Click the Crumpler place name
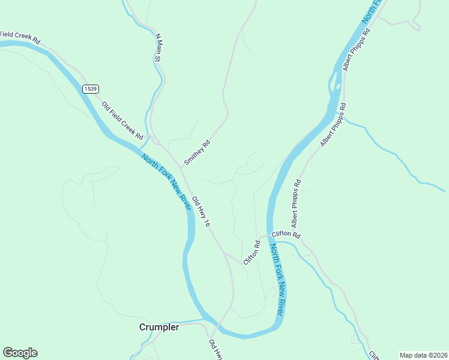pyautogui.click(x=159, y=328)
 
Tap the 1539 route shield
pyautogui.click(x=91, y=88)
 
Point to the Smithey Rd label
pyautogui.click(x=197, y=152)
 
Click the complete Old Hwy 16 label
pyautogui.click(x=201, y=211)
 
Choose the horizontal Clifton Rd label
pyautogui.click(x=285, y=235)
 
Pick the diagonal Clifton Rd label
pyautogui.click(x=252, y=253)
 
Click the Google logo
pyautogui.click(x=20, y=353)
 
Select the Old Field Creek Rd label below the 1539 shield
pyautogui.click(x=122, y=119)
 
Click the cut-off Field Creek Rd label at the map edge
pyautogui.click(x=19, y=37)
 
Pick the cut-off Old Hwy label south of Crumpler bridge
pyautogui.click(x=214, y=350)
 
